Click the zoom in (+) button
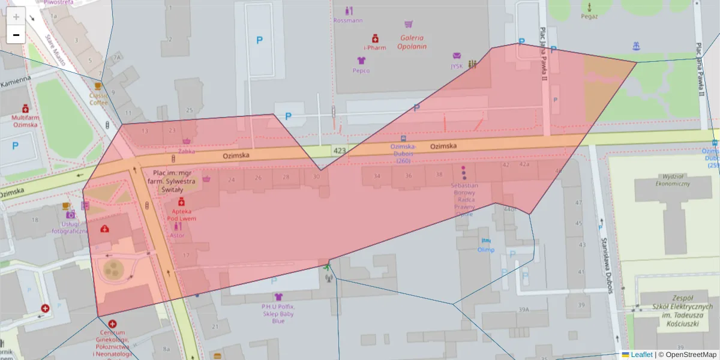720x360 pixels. click(x=16, y=17)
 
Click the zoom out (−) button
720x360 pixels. click(x=16, y=35)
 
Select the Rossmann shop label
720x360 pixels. click(x=348, y=20)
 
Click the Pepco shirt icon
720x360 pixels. click(x=361, y=61)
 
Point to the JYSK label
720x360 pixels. click(x=457, y=66)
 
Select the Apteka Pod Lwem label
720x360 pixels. click(x=181, y=215)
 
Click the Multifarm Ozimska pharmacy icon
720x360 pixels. click(x=26, y=109)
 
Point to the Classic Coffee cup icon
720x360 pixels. click(x=98, y=86)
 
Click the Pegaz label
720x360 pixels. click(x=589, y=16)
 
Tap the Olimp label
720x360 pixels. click(x=485, y=250)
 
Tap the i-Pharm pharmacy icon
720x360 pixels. click(x=375, y=38)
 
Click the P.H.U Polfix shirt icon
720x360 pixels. click(x=278, y=296)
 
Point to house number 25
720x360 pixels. click(x=190, y=110)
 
